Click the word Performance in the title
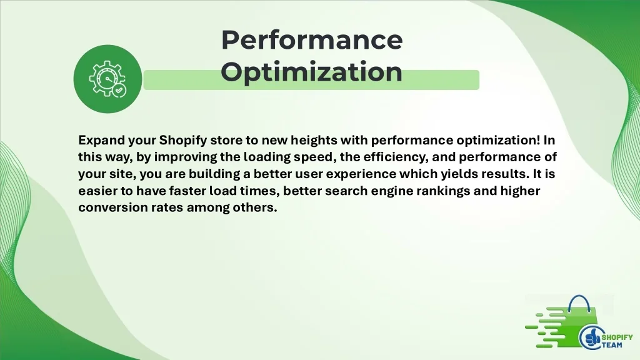coord(312,41)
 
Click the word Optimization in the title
coord(311,72)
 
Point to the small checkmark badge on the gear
coord(119,90)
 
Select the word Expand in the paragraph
coord(102,141)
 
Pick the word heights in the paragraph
coord(314,141)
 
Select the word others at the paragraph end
coord(255,207)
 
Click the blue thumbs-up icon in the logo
coord(591,337)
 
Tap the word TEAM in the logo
coord(612,345)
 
